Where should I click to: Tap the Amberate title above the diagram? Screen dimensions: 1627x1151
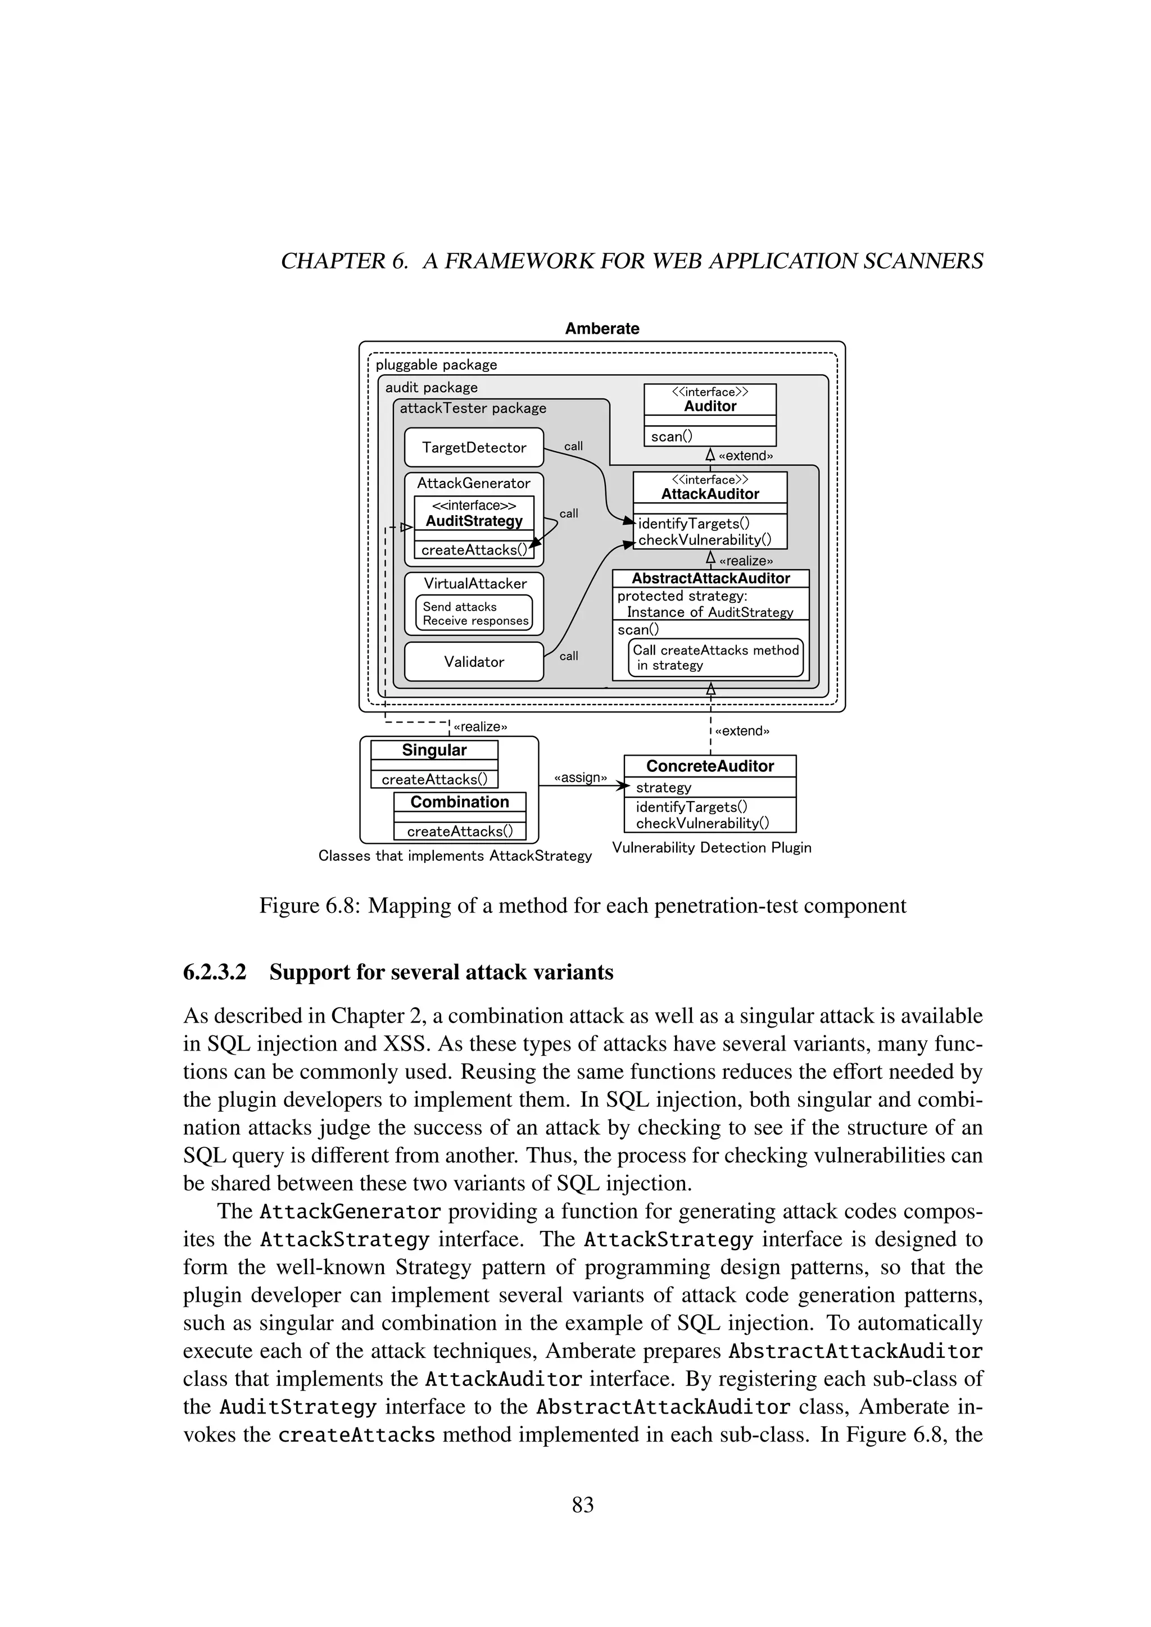coord(602,328)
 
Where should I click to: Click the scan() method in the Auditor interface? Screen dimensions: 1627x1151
coord(671,437)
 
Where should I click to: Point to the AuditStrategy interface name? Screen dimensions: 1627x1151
coord(474,521)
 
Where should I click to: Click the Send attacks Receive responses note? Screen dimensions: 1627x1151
coord(474,613)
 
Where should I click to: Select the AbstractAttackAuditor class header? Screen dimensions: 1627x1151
coord(710,578)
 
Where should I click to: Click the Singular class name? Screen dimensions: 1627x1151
coord(434,751)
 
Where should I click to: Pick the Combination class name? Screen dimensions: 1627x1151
coord(459,802)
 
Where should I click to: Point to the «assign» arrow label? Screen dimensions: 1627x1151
coord(580,778)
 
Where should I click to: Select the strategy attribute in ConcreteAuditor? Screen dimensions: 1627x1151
coord(663,787)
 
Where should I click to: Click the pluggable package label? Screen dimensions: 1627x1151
coord(436,365)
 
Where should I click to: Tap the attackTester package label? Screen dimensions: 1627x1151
coord(473,408)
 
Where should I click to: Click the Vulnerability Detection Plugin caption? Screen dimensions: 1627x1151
coord(712,848)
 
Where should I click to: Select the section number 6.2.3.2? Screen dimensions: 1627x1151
coord(214,972)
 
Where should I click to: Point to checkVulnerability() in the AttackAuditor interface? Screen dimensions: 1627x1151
coord(705,540)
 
